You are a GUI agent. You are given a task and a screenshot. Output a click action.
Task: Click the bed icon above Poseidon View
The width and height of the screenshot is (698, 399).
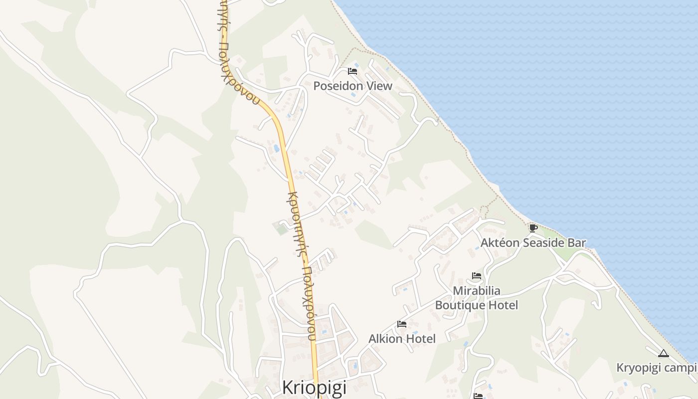[352, 71]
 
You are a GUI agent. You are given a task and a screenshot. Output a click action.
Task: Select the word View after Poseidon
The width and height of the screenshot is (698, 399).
[380, 86]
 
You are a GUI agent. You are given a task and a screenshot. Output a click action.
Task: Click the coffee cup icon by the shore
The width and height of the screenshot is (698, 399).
[533, 228]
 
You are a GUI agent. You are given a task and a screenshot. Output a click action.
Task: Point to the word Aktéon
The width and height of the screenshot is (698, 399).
[500, 243]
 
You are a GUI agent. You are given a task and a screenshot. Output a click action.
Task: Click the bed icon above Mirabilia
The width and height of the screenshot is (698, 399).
[477, 276]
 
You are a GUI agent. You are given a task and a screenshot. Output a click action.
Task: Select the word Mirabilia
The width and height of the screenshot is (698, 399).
[477, 290]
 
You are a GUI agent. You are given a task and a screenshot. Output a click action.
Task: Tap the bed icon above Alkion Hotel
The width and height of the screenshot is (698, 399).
[402, 324]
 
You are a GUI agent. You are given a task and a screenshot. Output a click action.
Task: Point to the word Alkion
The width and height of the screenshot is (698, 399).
[385, 339]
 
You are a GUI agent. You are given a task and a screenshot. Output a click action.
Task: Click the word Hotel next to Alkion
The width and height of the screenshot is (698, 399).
[420, 339]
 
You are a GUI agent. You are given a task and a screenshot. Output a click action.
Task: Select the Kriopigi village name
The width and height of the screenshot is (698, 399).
[314, 387]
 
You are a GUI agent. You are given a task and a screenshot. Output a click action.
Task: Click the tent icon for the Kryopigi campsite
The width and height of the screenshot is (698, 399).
[663, 354]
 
